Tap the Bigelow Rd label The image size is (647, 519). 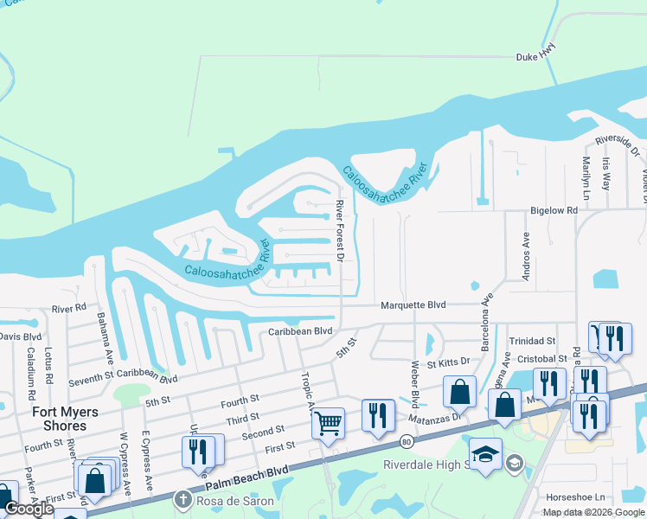click(554, 210)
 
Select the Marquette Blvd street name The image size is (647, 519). click(413, 305)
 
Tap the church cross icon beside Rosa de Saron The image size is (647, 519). click(183, 500)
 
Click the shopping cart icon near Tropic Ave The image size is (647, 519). click(328, 423)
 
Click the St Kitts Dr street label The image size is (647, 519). click(446, 360)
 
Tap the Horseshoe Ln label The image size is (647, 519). click(575, 497)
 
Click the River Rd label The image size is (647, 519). click(69, 308)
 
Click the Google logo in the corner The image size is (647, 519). click(29, 509)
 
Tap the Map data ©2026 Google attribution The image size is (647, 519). click(593, 512)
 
